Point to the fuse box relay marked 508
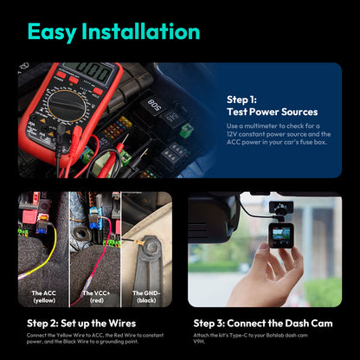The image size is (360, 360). tap(153, 105)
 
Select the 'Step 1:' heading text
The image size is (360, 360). tap(241, 100)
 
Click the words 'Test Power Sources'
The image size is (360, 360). tap(272, 112)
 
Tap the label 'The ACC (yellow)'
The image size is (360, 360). tap(43, 296)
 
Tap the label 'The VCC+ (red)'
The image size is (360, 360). tap(96, 296)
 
